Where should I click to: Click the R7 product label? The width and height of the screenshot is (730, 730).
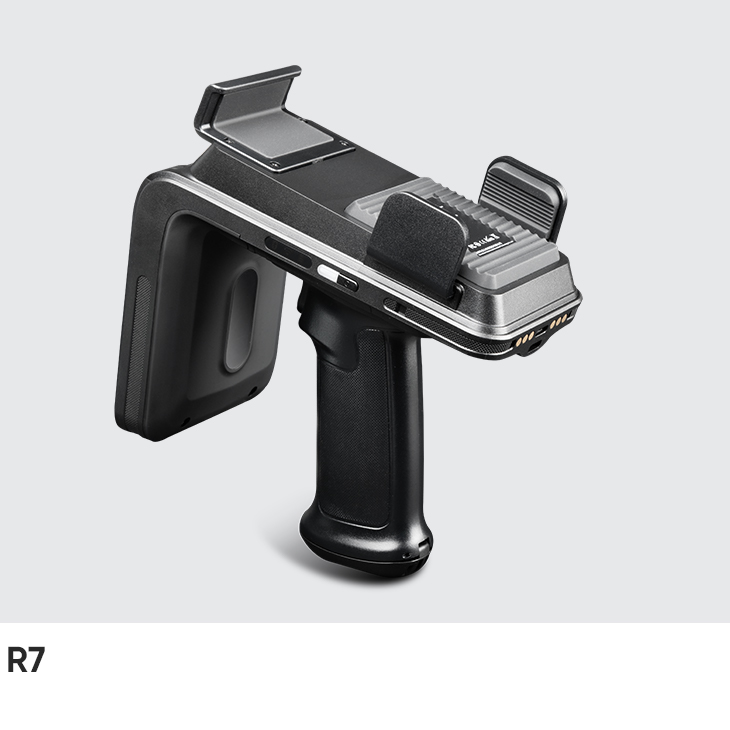point(26,661)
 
